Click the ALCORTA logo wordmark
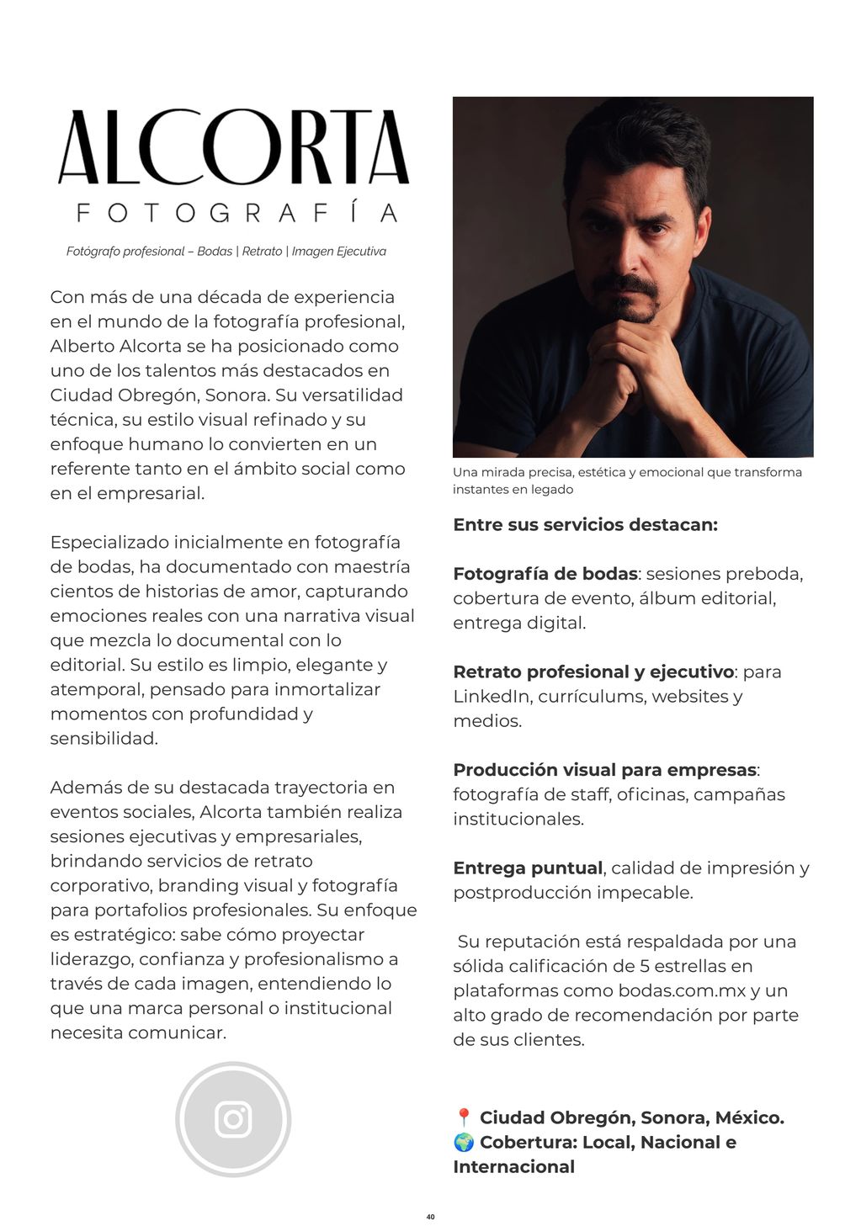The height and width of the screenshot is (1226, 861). [233, 148]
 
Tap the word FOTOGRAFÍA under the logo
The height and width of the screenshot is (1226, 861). [237, 212]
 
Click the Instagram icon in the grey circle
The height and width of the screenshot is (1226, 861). [233, 1119]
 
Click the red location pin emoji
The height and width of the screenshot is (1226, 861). [463, 1118]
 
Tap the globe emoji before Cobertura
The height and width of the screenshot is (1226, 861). [464, 1143]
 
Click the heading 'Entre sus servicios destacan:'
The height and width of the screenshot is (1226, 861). [585, 525]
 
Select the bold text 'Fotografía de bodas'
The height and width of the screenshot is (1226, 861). [545, 574]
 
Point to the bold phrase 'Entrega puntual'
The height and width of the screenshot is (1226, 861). [528, 868]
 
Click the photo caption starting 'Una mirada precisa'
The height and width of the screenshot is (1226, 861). [627, 480]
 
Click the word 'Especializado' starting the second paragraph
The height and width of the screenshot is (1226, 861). [109, 542]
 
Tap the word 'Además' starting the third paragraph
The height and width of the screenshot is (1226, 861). [83, 788]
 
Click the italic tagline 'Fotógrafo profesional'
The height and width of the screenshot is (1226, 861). [125, 252]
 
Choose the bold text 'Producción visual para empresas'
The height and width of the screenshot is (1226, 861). [604, 770]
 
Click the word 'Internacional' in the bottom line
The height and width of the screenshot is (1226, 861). [513, 1167]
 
